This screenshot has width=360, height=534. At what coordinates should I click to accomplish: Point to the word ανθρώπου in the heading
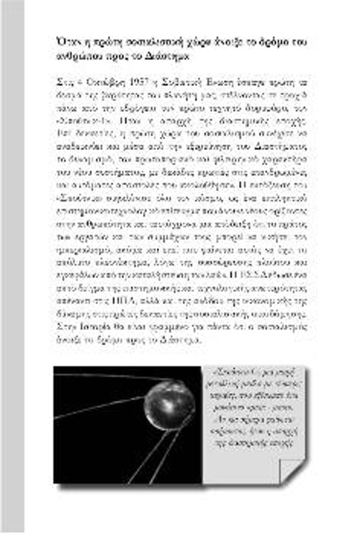[x=78, y=54]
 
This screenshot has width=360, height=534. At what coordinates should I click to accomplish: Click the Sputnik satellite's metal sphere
[x=168, y=404]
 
